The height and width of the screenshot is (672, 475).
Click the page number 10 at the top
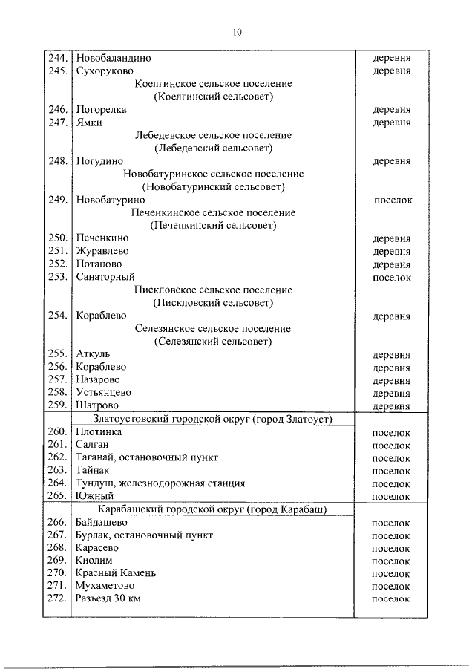(x=237, y=32)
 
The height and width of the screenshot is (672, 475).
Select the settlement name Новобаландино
(x=113, y=57)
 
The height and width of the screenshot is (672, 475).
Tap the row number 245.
(x=57, y=71)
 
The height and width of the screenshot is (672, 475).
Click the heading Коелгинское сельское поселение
(x=214, y=84)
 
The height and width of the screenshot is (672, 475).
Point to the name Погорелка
(x=101, y=109)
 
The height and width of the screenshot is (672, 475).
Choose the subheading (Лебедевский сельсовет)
(x=214, y=148)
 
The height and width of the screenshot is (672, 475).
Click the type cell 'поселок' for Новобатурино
(x=391, y=200)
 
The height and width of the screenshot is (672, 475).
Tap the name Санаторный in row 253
(x=105, y=277)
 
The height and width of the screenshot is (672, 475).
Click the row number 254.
(x=57, y=316)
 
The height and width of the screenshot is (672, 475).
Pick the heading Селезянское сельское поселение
(x=214, y=328)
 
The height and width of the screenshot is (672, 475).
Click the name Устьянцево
(x=104, y=393)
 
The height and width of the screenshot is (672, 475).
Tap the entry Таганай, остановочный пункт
(x=147, y=457)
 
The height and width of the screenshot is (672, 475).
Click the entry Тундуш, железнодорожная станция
(x=160, y=483)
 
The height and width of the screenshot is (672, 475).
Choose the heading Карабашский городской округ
(x=214, y=509)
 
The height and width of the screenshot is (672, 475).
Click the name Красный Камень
(x=116, y=573)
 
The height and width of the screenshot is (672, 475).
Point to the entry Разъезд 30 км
(x=108, y=598)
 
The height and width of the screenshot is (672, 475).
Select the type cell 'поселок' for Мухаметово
(x=391, y=586)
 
